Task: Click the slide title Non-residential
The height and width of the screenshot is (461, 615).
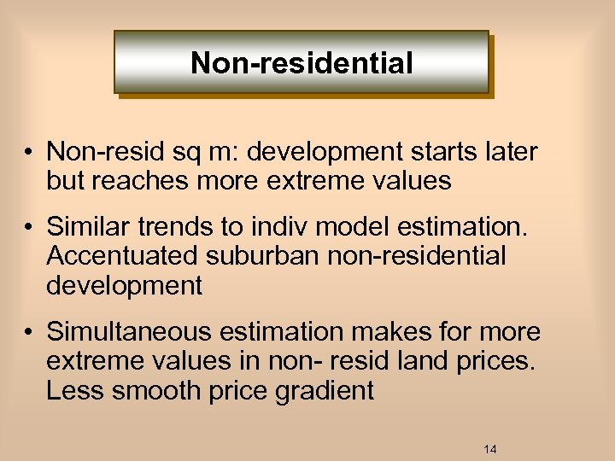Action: coord(302,62)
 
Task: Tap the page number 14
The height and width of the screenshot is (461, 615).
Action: coord(490,449)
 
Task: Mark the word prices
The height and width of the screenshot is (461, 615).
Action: coord(494,360)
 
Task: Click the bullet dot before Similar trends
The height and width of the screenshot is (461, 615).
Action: coord(28,227)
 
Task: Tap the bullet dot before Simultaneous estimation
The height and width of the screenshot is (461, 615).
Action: coord(28,331)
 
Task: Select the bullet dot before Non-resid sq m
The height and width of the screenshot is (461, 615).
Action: coord(28,153)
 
